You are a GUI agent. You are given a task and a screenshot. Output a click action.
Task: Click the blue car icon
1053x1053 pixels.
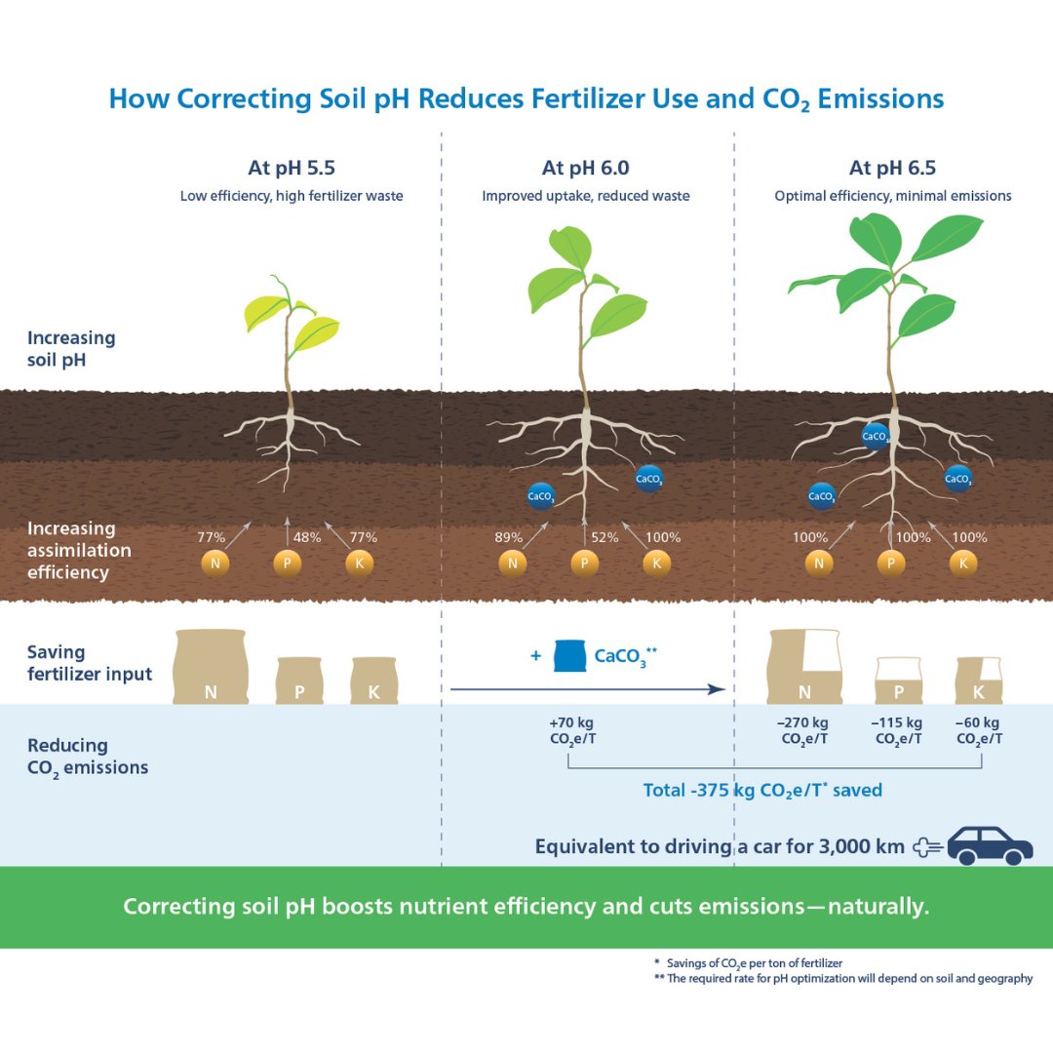pos(990,844)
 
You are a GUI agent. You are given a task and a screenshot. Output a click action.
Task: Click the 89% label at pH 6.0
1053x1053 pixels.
pos(509,537)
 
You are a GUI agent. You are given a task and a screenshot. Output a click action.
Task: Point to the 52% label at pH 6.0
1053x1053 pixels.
pos(604,537)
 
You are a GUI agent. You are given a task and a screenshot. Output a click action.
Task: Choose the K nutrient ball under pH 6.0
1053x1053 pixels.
pos(655,564)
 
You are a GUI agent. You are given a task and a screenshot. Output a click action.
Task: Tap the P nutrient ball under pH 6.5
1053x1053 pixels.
pos(889,564)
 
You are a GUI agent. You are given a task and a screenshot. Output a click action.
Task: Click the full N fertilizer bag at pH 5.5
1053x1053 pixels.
pos(211,668)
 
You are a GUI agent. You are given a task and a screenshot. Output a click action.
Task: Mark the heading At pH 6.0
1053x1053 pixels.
pos(585,168)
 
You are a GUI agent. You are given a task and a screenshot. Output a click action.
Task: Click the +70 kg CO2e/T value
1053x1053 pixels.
pos(571,730)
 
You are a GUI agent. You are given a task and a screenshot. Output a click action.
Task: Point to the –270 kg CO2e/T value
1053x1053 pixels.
pos(804,730)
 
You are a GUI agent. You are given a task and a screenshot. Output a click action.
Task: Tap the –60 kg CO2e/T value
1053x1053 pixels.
pos(978,730)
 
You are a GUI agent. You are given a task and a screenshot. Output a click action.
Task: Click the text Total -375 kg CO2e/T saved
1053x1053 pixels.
pos(762,790)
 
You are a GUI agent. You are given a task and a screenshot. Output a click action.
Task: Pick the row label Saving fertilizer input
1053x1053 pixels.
pos(90,663)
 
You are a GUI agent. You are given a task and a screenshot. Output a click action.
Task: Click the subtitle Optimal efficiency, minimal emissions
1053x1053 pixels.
pos(892,196)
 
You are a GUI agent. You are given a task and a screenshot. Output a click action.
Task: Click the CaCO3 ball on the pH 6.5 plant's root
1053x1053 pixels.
pos(875,436)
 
